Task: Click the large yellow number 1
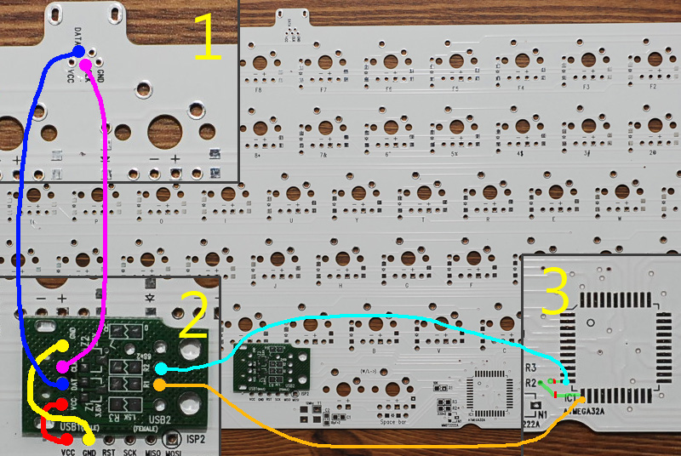coord(208,38)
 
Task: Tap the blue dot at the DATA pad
coord(79,52)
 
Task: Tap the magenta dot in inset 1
coord(85,64)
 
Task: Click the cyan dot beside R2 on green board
coord(161,369)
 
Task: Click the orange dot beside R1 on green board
coord(161,385)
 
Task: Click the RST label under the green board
coord(109,452)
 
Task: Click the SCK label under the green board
coord(131,452)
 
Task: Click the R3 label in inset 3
coord(530,369)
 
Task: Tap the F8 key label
coord(258,88)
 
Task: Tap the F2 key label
coord(653,87)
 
